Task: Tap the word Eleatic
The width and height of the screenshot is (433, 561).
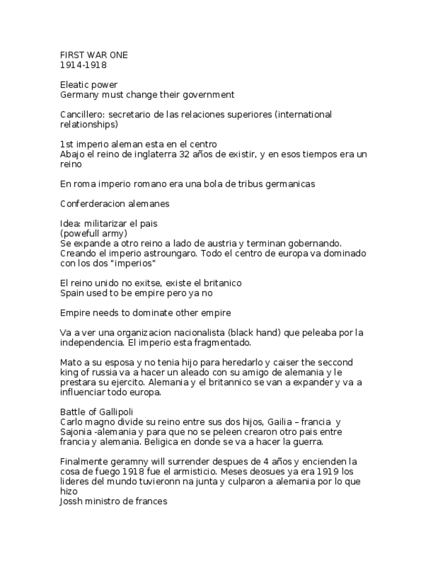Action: (x=75, y=85)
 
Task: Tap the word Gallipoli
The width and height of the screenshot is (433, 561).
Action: (x=113, y=411)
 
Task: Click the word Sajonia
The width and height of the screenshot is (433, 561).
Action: (x=75, y=431)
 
